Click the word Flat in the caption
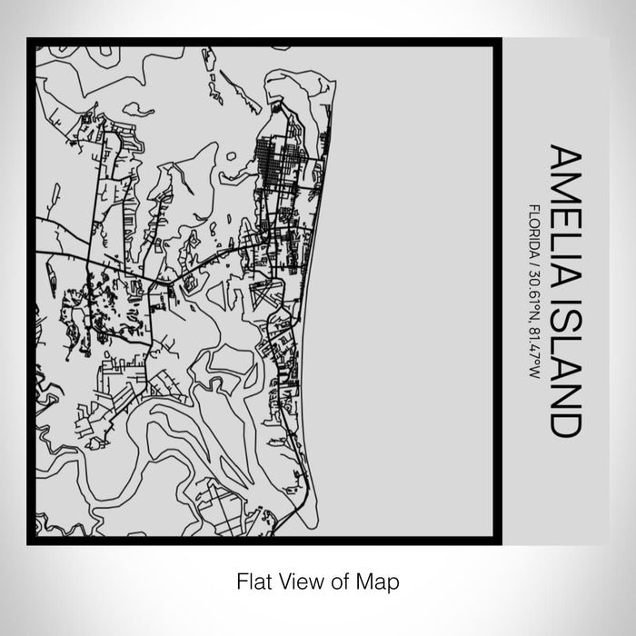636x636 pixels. (253, 580)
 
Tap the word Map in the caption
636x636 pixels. (380, 580)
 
